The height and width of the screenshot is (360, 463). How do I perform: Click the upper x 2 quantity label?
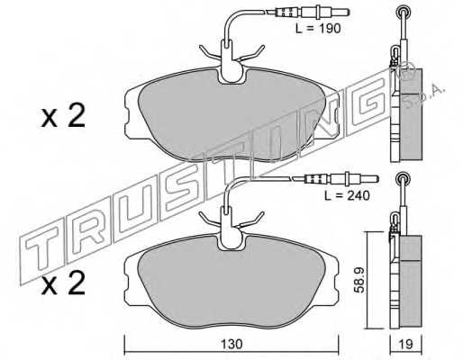coord(62,118)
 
